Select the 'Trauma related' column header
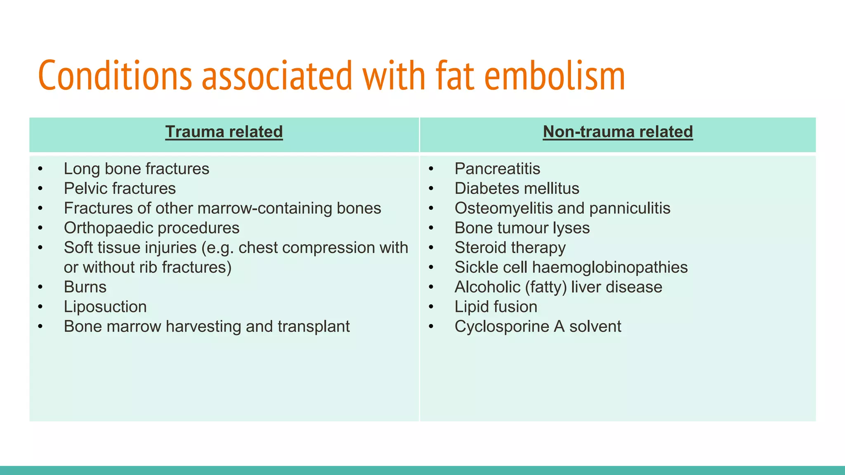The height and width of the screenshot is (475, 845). pyautogui.click(x=224, y=132)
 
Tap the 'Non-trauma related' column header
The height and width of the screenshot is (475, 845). pyautogui.click(x=618, y=132)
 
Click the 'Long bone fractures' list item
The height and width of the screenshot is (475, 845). pyautogui.click(x=137, y=169)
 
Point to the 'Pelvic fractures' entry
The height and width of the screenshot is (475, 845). pyautogui.click(x=120, y=189)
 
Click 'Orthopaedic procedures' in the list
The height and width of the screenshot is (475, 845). pyautogui.click(x=151, y=228)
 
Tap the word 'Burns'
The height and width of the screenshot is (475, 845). pyautogui.click(x=85, y=287)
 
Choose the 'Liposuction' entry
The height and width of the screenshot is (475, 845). pyautogui.click(x=105, y=307)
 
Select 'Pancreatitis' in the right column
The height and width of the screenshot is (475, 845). pyautogui.click(x=497, y=169)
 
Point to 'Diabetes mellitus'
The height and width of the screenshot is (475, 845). pyautogui.click(x=517, y=189)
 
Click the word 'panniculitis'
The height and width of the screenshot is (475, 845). pyautogui.click(x=630, y=208)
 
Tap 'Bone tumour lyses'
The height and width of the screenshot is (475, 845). pyautogui.click(x=522, y=228)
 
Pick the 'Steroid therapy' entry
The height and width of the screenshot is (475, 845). pyautogui.click(x=510, y=248)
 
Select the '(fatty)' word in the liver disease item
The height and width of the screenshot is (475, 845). pyautogui.click(x=546, y=287)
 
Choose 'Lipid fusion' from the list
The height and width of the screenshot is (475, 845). pyautogui.click(x=496, y=307)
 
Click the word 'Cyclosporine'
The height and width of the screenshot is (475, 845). pyautogui.click(x=502, y=327)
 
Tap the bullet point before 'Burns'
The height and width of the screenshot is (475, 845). pyautogui.click(x=40, y=287)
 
